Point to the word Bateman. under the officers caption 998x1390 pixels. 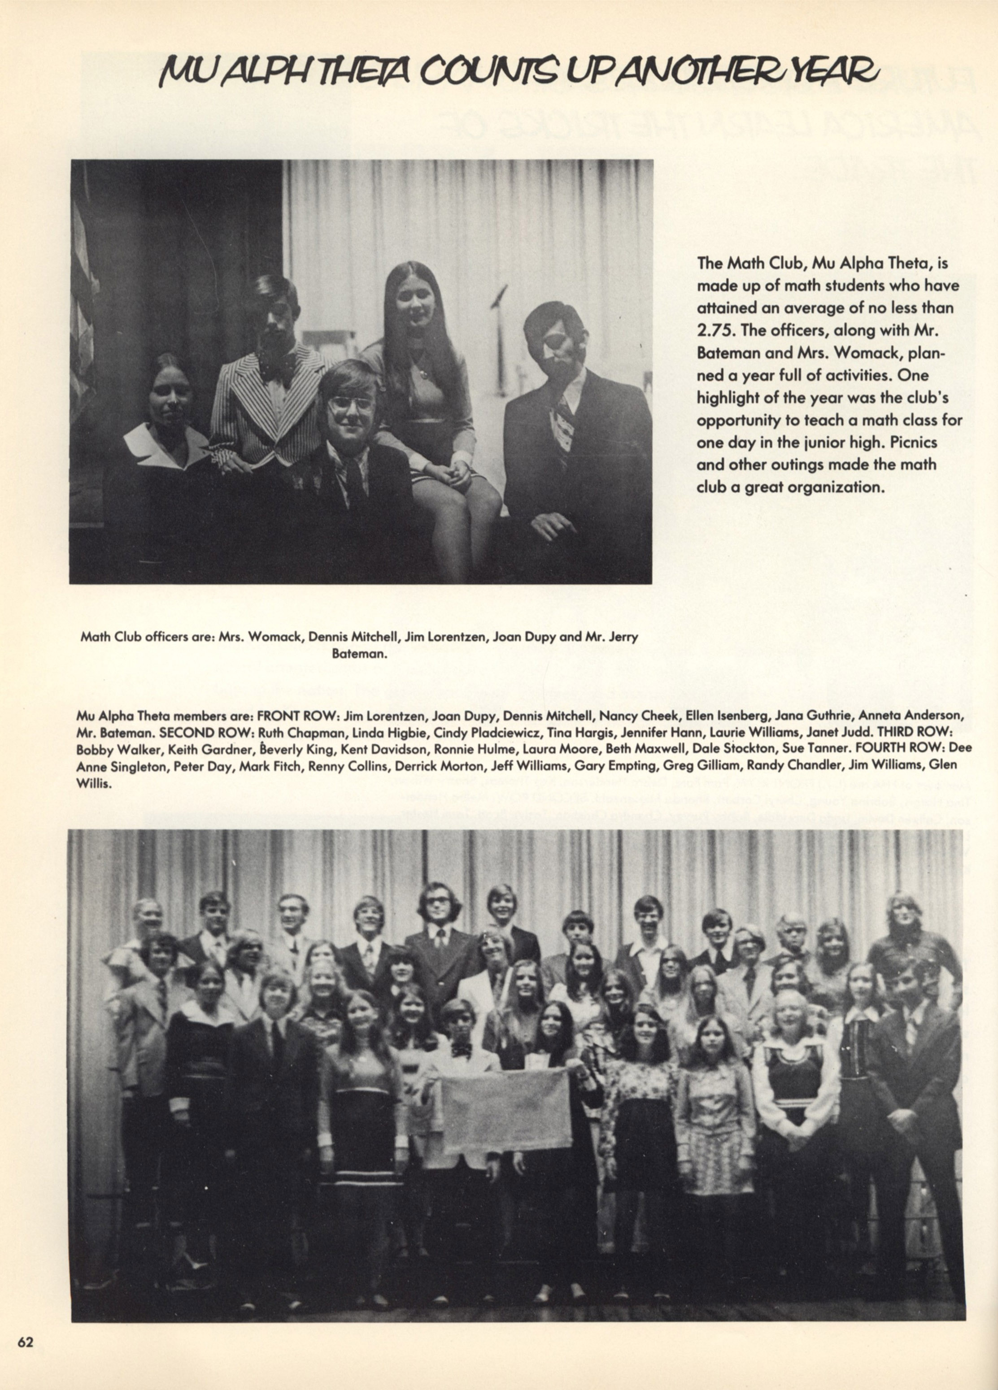click(359, 654)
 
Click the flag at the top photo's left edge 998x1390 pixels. click(83, 306)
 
